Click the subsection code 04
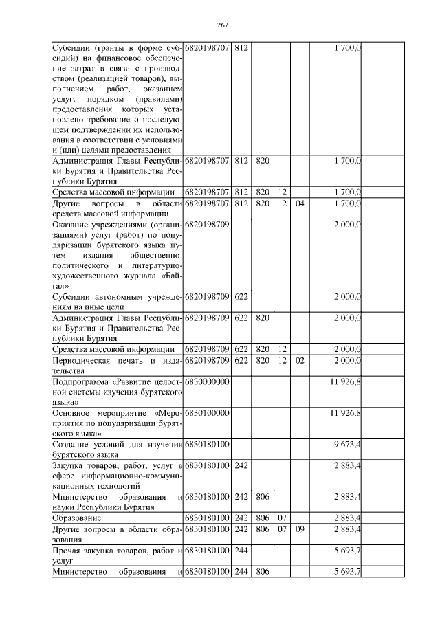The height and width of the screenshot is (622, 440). [299, 203]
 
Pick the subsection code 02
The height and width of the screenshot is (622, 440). [299, 360]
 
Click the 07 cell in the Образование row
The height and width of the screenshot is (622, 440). [282, 517]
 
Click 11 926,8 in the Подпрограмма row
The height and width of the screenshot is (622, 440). [346, 381]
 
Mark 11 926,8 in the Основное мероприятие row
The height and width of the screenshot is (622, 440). [346, 412]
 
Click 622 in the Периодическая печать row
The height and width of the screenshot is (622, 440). [241, 360]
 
